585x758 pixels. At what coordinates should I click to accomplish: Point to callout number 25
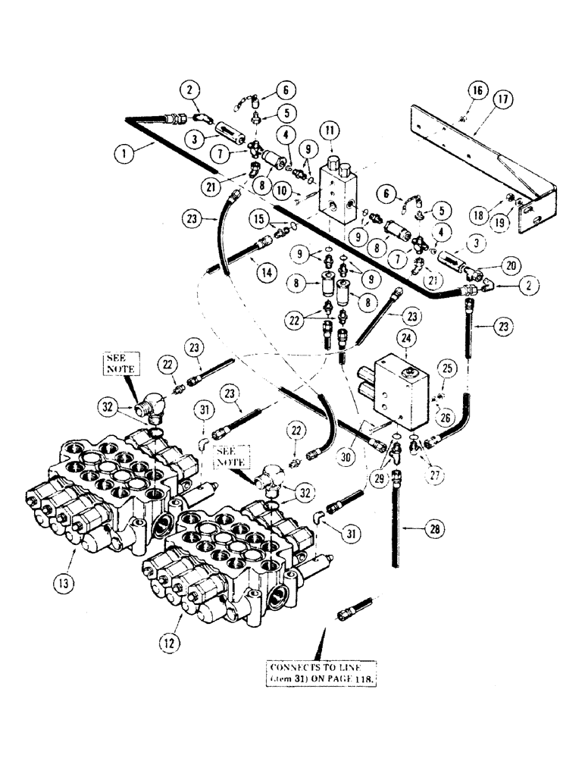pyautogui.click(x=445, y=368)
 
